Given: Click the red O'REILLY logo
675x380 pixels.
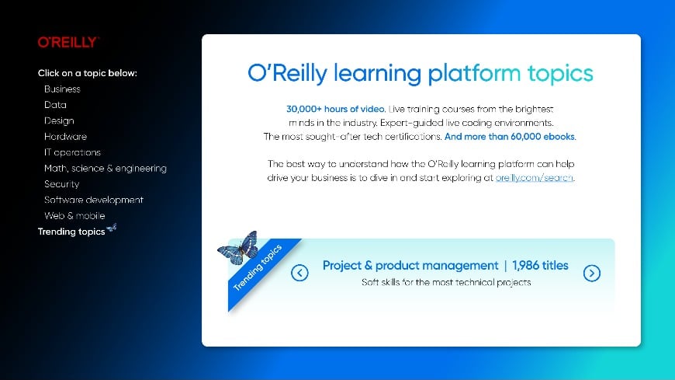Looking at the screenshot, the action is (x=68, y=42).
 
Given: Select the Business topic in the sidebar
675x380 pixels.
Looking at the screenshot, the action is (x=62, y=89).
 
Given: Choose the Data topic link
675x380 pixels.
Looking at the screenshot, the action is (x=55, y=105).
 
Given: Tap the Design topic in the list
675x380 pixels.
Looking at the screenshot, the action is (x=59, y=120).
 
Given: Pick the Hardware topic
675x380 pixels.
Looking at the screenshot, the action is (x=65, y=136).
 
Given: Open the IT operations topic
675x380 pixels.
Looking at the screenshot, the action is (x=72, y=152).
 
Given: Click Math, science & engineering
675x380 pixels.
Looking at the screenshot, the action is (x=105, y=168).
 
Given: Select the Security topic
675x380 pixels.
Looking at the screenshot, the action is (x=61, y=184).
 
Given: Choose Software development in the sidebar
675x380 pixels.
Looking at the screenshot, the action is (x=93, y=200).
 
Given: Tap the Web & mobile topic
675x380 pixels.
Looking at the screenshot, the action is (x=74, y=216).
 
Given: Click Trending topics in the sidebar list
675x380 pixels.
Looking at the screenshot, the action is (x=71, y=232).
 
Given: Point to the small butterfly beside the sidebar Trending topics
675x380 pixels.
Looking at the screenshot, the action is (x=112, y=228).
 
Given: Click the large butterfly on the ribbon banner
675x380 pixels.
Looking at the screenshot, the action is (x=238, y=248).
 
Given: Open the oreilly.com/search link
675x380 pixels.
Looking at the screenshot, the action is (x=535, y=178).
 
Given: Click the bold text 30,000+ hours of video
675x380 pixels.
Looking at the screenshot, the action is (x=336, y=109).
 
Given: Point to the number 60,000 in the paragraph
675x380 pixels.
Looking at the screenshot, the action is (x=525, y=137).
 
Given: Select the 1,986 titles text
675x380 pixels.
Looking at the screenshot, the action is (x=540, y=265).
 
